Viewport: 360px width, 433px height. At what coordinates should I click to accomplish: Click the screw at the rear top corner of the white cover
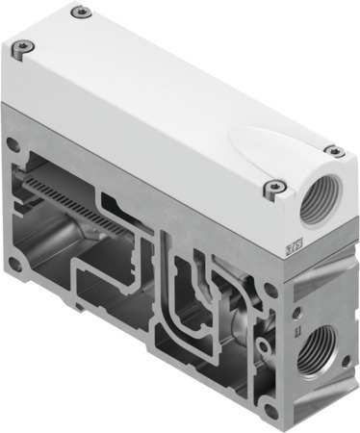click(x=84, y=13)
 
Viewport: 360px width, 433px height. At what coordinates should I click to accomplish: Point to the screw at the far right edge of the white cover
click(x=333, y=149)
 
